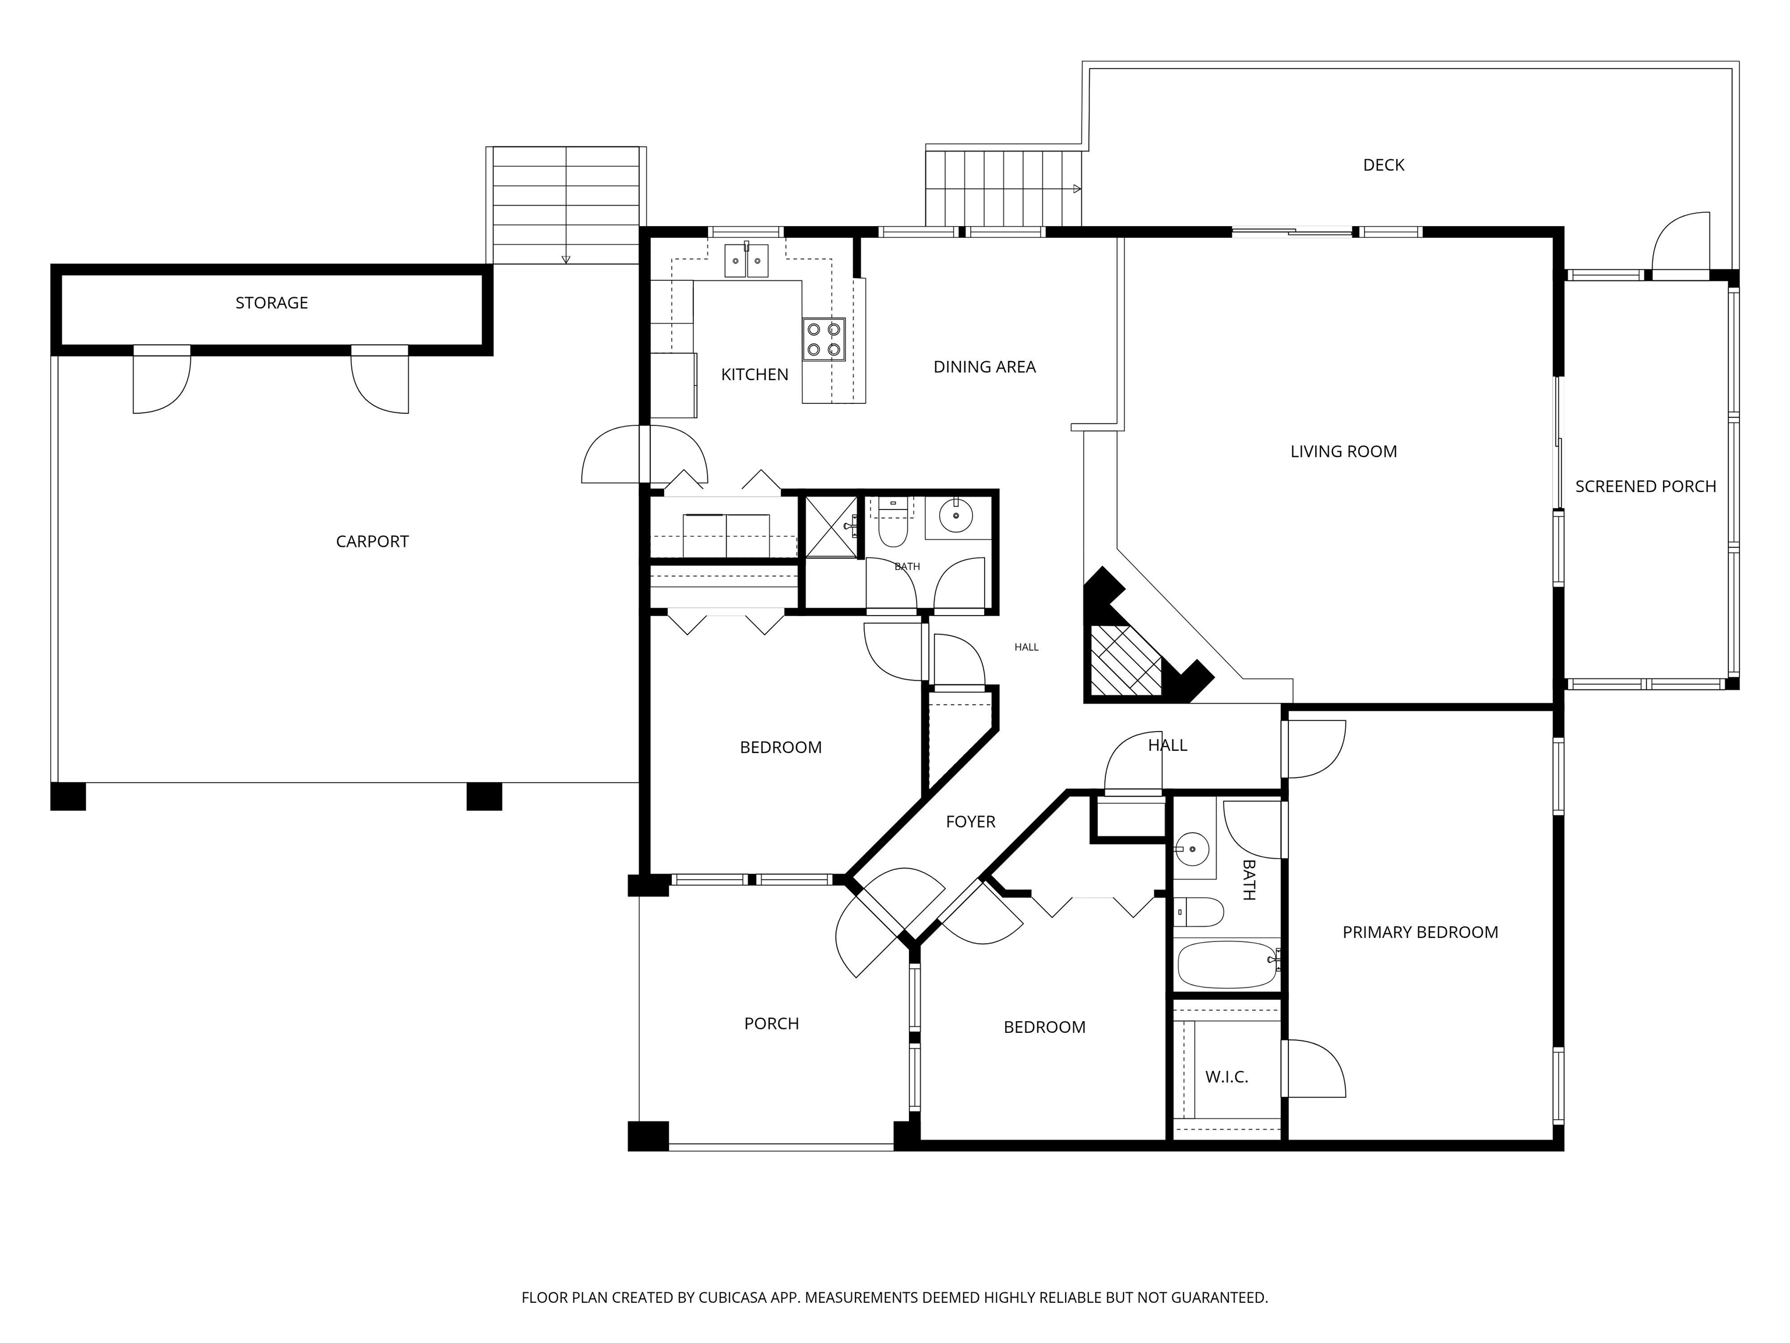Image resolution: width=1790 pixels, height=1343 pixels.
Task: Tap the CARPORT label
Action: point(372,542)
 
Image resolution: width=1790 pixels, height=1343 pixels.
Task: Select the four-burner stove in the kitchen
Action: point(824,340)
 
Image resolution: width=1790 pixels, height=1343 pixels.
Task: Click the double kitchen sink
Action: point(746,261)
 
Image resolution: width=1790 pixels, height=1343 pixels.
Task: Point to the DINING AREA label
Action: point(984,367)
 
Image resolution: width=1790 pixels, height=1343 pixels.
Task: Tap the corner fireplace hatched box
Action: point(1125,660)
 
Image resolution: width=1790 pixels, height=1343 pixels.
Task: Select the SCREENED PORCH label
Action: point(1645,487)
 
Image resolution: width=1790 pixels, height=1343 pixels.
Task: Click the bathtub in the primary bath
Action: point(1226,964)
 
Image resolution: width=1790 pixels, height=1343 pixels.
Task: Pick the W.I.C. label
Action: point(1226,1077)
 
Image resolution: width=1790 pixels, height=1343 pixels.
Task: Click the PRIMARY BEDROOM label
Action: point(1419,933)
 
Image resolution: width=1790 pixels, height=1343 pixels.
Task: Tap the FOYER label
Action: point(970,822)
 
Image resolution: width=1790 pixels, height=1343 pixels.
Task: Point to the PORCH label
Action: point(771,1024)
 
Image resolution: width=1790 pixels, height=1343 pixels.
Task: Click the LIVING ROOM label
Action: point(1343,452)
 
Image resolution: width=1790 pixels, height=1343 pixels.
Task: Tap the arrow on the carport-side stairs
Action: point(566,259)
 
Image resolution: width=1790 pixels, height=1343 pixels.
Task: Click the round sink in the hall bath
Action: point(956,515)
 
